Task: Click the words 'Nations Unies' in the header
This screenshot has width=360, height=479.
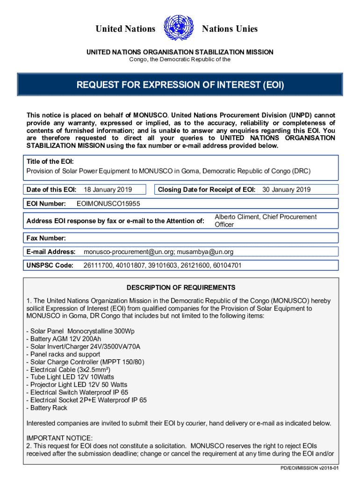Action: pyautogui.click(x=230, y=29)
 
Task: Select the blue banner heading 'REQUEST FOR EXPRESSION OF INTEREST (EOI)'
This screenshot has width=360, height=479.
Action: pyautogui.click(x=180, y=85)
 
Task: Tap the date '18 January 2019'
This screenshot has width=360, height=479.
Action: pyautogui.click(x=108, y=189)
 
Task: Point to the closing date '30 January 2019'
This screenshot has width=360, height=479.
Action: pyautogui.click(x=286, y=189)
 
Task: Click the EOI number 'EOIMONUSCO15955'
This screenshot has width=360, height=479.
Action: pyautogui.click(x=108, y=204)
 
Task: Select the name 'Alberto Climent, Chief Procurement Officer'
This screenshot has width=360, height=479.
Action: pyautogui.click(x=265, y=221)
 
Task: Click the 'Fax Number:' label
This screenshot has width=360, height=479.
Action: pyautogui.click(x=46, y=238)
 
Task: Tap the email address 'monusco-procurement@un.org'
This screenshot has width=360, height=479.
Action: pyautogui.click(x=127, y=252)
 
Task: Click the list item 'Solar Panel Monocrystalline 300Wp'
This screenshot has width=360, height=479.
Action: pyautogui.click(x=80, y=331)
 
